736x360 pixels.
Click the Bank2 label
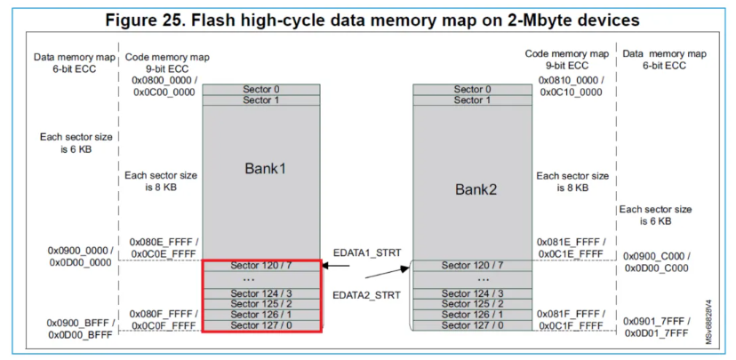(472, 188)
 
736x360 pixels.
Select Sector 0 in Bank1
(261, 89)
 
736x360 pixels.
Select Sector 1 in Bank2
(472, 100)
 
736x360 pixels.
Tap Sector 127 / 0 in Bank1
(261, 325)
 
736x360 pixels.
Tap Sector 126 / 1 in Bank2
(472, 315)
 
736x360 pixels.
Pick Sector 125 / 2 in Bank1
(261, 304)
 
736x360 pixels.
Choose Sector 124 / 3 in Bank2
(472, 293)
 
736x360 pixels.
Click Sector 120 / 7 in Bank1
(261, 266)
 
